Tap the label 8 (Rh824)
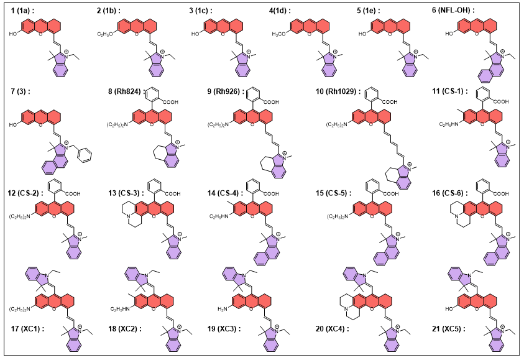click(x=124, y=92)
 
